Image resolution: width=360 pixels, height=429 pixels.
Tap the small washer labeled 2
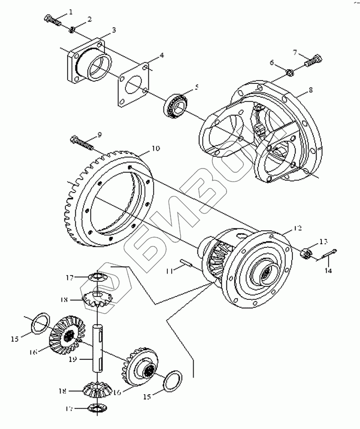click(72, 31)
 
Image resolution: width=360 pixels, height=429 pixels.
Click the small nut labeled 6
click(289, 72)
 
